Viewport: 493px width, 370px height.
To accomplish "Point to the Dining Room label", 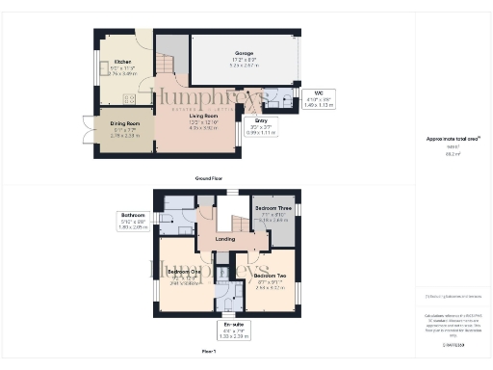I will (x=117, y=125).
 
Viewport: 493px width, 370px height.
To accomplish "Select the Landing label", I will (x=225, y=239).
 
